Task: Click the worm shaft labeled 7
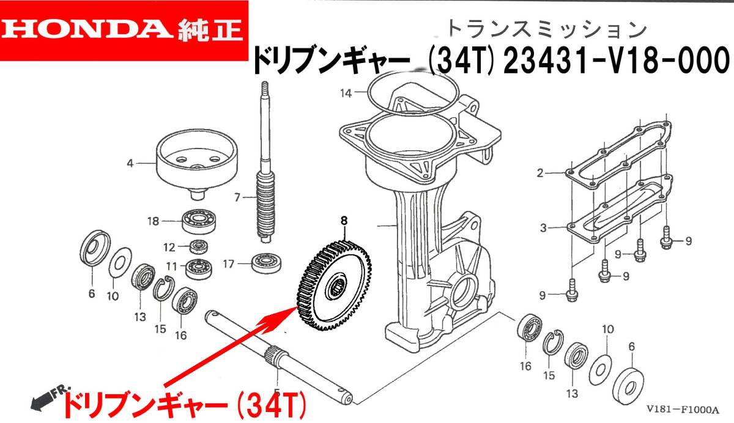tap(268, 183)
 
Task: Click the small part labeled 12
tap(198, 247)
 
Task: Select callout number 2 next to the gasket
tap(540, 173)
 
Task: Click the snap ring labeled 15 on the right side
tap(552, 345)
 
